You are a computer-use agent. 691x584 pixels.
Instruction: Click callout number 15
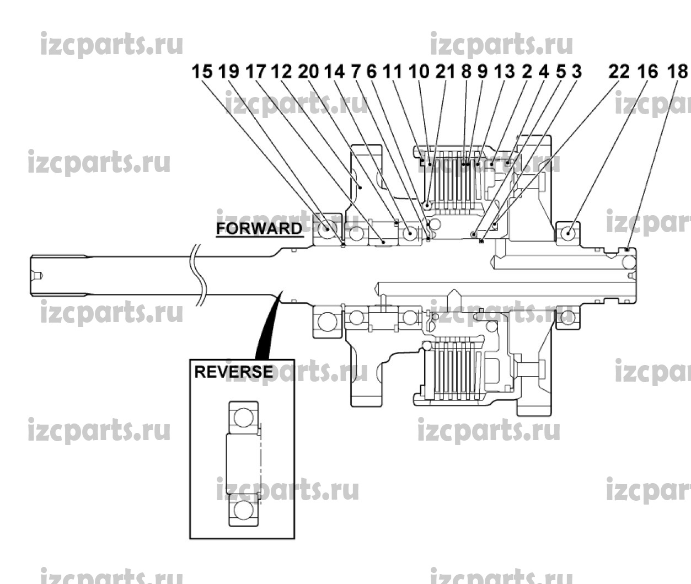tap(202, 72)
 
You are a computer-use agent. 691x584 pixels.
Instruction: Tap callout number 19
tap(228, 72)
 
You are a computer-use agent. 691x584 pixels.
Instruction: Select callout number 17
tap(255, 72)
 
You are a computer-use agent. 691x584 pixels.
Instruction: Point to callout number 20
tap(308, 72)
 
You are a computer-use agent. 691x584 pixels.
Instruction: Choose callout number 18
tap(677, 72)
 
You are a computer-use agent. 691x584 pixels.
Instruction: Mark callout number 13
tap(504, 72)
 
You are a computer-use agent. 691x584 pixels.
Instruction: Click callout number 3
tap(576, 72)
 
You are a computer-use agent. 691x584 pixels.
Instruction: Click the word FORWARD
tap(259, 228)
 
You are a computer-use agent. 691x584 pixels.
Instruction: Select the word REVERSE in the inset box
tap(233, 372)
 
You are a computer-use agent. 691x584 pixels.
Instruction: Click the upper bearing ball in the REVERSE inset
tap(244, 417)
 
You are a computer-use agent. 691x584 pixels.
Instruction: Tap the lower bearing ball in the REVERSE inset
tap(244, 510)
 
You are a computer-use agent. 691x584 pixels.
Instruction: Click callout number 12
tap(282, 72)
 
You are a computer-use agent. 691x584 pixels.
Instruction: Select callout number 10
tap(419, 72)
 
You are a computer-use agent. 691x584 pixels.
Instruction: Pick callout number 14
tap(335, 72)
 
